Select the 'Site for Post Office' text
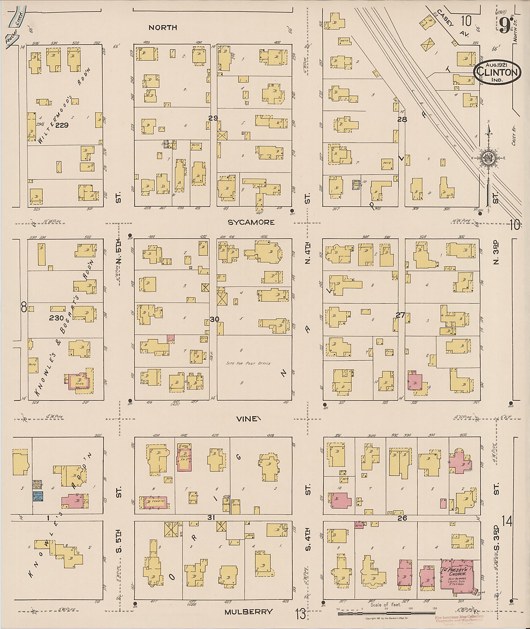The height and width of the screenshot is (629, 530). point(248,364)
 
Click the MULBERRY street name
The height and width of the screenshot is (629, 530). point(248,612)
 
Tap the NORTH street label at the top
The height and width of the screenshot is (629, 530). point(163,28)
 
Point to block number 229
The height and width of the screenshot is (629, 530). point(62,125)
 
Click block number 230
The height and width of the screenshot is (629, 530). point(56,317)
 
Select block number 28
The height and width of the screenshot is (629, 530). point(402,119)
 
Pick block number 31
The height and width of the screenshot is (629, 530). point(211,517)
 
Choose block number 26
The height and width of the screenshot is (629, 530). point(402,518)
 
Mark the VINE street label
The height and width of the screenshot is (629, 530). point(247,419)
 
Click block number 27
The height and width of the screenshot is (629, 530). point(400,315)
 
